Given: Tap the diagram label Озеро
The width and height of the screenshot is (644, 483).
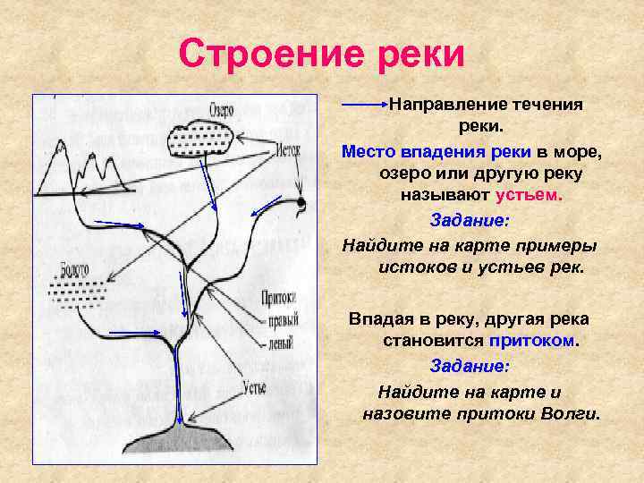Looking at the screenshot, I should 221,110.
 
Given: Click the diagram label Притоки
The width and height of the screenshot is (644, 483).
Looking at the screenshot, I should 279,298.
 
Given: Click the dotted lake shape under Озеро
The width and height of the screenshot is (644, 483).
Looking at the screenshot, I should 202,139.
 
